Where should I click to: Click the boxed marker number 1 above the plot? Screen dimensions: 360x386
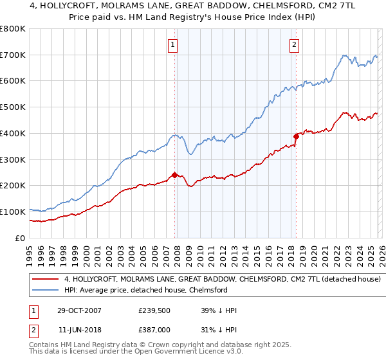click(174, 44)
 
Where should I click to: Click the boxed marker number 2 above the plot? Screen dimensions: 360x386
click(294, 44)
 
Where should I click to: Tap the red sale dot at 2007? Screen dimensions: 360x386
click(174, 175)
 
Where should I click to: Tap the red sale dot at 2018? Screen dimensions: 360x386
click(296, 136)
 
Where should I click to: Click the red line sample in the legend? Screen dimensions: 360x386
click(46, 280)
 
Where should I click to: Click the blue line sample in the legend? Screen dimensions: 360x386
click(46, 291)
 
